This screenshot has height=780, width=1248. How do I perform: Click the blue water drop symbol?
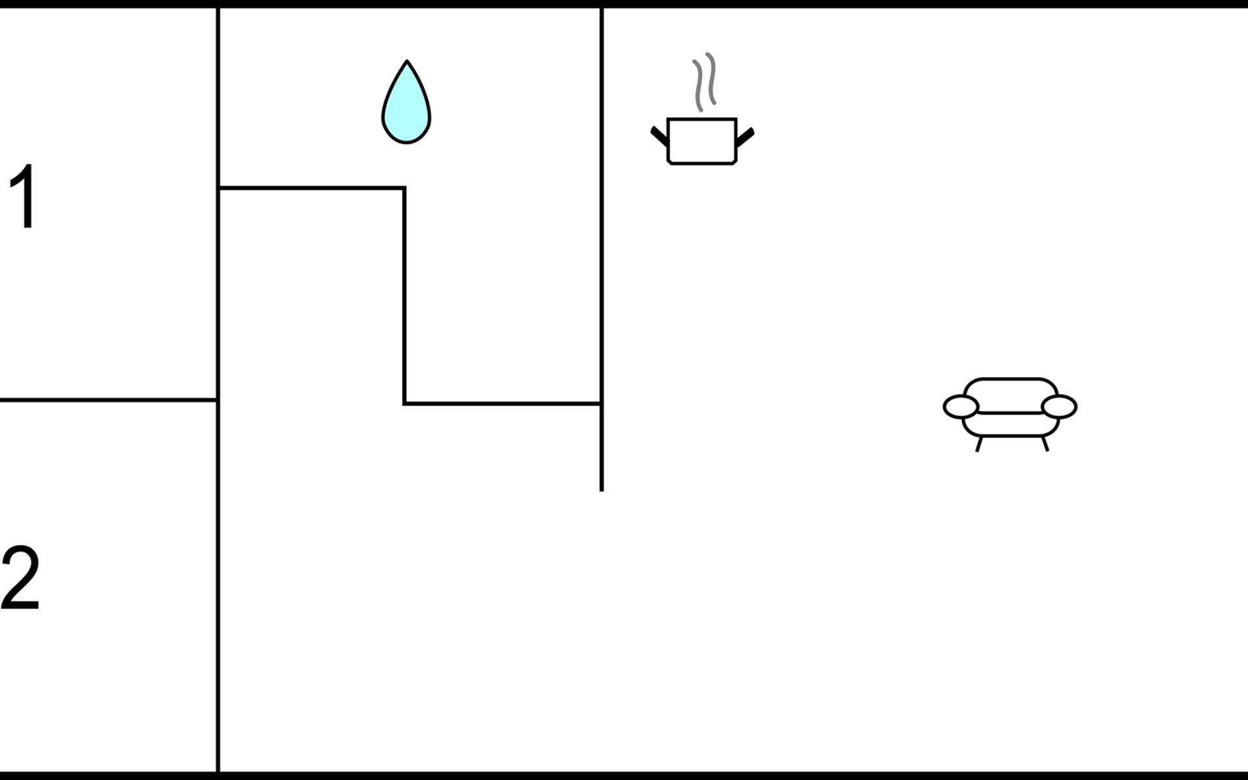pos(406,107)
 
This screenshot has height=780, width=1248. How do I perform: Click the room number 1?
pos(25,196)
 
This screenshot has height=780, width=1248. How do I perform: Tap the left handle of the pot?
pos(659,136)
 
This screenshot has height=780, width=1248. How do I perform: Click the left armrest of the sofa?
pos(961,407)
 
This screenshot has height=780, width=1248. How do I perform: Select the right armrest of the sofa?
pos(1059,407)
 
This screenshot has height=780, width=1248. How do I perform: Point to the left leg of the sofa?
pos(978,444)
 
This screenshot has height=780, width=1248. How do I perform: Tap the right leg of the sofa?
pos(1045,444)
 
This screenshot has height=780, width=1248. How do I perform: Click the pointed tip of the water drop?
pos(407,63)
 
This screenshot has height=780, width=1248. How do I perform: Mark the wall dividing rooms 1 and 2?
pos(108,400)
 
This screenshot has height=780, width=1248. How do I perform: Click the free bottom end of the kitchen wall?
pos(601,489)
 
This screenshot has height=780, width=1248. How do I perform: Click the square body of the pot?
pos(702,141)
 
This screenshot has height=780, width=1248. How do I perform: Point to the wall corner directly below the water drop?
pos(404,188)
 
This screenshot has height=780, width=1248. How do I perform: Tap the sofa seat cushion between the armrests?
pos(1010,424)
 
